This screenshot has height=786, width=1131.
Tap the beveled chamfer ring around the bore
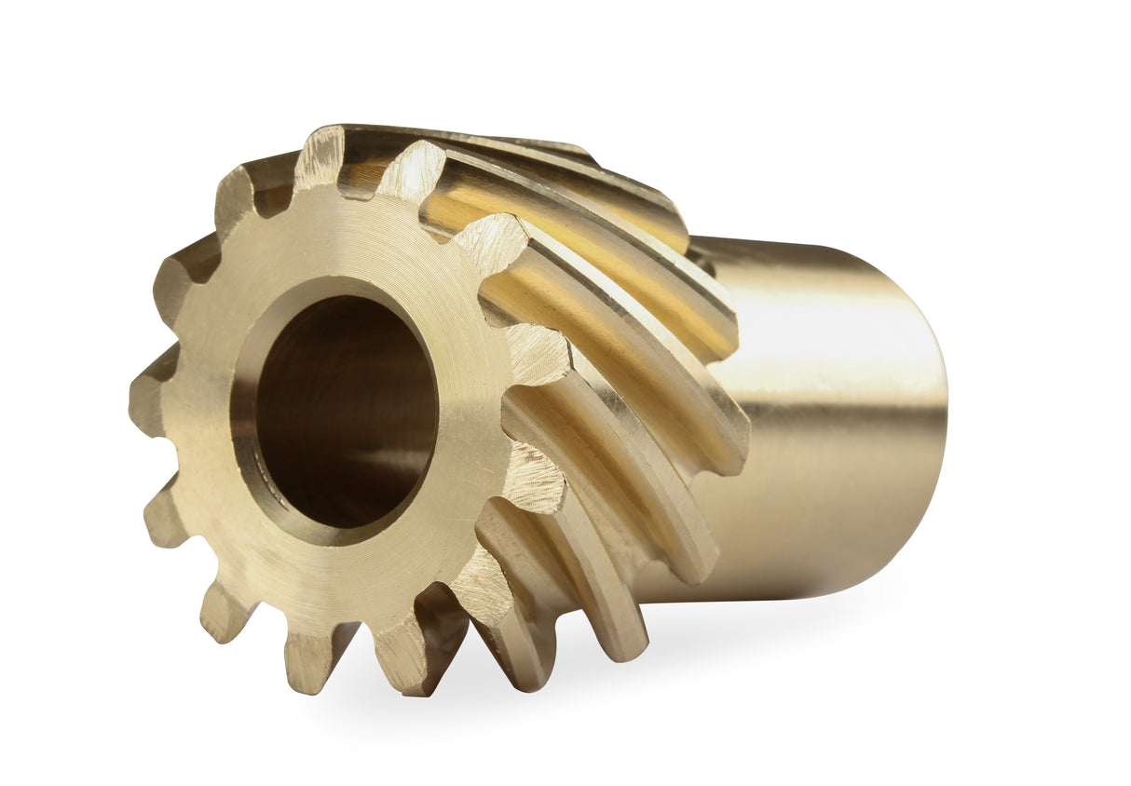point(244,419)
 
